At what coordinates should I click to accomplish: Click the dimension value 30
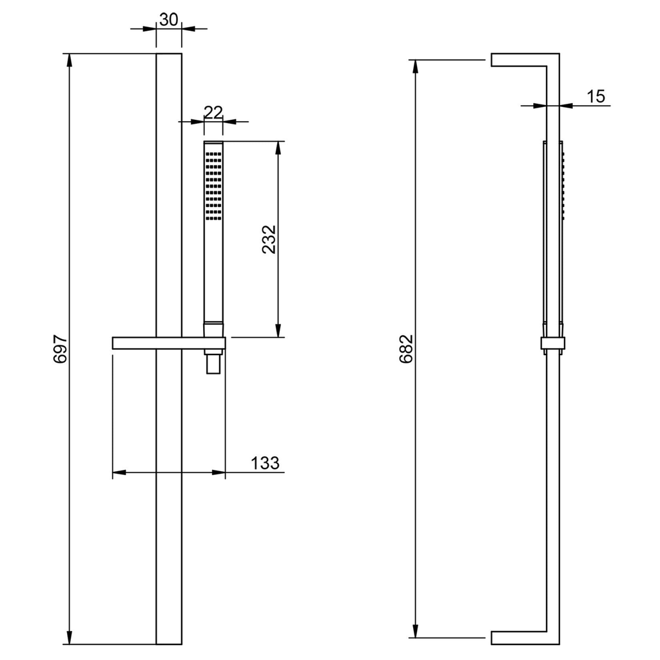pyautogui.click(x=169, y=19)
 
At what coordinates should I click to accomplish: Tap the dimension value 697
pyautogui.click(x=60, y=349)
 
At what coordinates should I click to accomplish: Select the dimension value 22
pyautogui.click(x=213, y=112)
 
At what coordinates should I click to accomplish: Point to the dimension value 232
pyautogui.click(x=269, y=239)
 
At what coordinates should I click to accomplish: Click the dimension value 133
pyautogui.click(x=265, y=463)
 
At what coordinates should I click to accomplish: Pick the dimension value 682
pyautogui.click(x=407, y=349)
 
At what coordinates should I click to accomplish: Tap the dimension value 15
pyautogui.click(x=596, y=97)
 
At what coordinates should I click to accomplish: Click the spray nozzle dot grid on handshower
pyautogui.click(x=213, y=186)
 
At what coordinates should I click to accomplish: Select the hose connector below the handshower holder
pyautogui.click(x=213, y=363)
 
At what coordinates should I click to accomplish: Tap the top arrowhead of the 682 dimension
pyautogui.click(x=416, y=66)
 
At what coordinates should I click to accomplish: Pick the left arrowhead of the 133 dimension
pyautogui.click(x=119, y=472)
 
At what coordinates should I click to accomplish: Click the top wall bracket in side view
pyautogui.click(x=519, y=60)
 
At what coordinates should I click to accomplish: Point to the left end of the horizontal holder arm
pyautogui.click(x=112, y=343)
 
